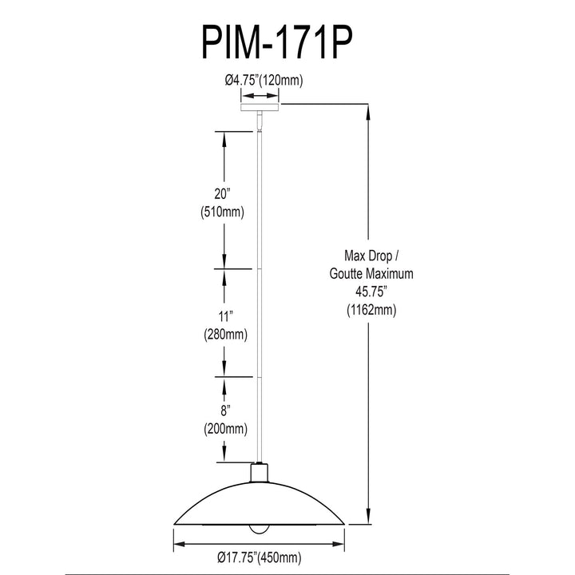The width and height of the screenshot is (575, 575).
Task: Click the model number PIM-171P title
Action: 277,43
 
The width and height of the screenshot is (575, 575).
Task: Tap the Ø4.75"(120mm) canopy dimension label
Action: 264,80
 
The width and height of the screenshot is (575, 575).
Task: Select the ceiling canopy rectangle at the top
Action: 260,107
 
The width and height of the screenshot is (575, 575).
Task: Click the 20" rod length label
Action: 222,194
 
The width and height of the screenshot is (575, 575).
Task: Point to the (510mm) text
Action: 222,212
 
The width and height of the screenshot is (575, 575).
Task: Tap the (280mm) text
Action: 225,335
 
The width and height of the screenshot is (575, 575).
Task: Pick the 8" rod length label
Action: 224,410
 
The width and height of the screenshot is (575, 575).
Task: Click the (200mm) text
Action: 225,429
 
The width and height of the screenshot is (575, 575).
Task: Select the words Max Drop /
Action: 371,256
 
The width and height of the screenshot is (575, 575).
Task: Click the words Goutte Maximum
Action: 371,274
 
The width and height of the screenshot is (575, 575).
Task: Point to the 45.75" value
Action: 371,292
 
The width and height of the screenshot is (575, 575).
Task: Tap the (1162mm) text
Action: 371,310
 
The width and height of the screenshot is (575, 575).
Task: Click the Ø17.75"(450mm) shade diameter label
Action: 260,557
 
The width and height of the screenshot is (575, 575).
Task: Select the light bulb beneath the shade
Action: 260,529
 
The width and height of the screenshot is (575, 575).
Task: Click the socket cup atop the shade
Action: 260,473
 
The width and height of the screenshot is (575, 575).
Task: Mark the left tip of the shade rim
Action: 174,524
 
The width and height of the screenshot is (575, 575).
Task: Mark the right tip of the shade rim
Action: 345,524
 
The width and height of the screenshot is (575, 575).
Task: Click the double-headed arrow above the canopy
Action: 260,96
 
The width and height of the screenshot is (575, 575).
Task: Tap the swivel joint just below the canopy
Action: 260,121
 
